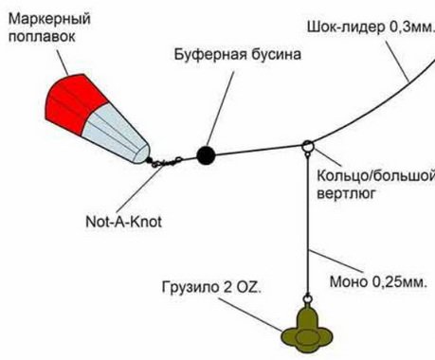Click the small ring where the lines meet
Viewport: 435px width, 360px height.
tap(308, 147)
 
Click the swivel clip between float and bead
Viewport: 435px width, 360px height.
tap(172, 160)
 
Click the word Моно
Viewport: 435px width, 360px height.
tap(344, 282)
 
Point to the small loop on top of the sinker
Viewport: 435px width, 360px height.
tap(309, 299)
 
